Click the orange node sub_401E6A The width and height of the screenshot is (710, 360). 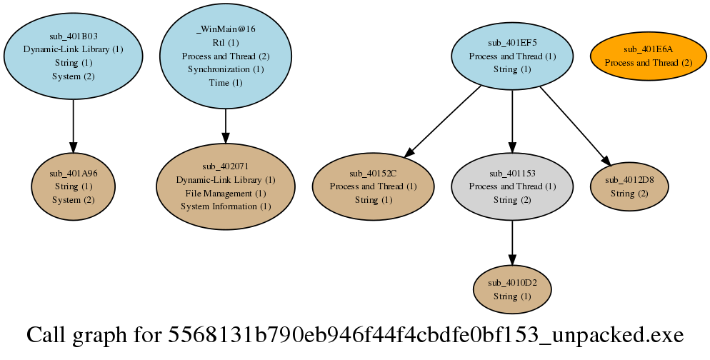(649, 56)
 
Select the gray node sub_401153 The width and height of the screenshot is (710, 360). (512, 186)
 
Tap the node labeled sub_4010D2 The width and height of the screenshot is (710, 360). (512, 289)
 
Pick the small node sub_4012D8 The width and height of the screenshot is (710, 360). (629, 186)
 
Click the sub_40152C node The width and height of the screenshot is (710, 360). (373, 186)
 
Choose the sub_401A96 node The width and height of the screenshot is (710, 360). (74, 186)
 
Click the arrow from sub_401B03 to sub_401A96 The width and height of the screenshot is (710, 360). (74, 123)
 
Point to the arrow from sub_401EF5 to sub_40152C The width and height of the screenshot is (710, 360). (444, 120)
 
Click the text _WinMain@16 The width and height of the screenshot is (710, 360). (226, 29)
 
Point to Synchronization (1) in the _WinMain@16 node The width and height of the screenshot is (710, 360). (226, 69)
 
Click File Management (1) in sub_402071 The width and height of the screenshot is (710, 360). (226, 193)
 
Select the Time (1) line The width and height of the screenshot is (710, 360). (226, 83)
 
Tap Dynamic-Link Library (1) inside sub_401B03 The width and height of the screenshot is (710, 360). (74, 49)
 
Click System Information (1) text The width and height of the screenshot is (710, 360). (226, 206)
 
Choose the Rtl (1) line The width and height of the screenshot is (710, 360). (226, 42)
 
